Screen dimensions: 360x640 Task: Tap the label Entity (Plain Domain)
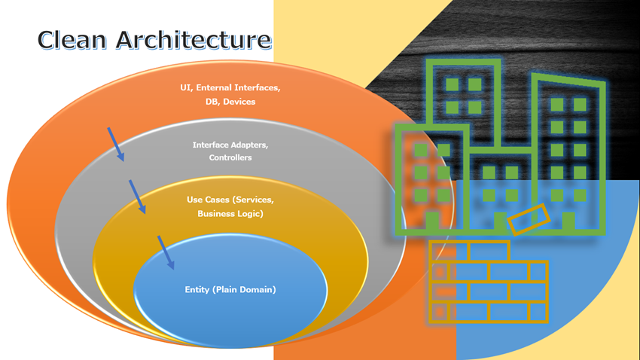coord(230,289)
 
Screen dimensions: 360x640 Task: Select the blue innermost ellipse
coord(230,309)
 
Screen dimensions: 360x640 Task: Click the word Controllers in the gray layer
coord(230,157)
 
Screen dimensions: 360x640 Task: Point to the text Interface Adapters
coord(230,145)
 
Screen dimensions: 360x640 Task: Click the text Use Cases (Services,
coord(230,200)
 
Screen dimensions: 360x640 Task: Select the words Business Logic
coord(230,213)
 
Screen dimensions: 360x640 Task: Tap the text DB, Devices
coord(230,102)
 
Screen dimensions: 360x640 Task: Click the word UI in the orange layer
coord(185,88)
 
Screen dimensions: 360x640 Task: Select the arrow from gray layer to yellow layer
coord(137,197)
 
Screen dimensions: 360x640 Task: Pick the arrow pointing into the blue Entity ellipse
coord(166,252)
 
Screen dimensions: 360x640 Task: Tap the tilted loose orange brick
coord(529,219)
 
